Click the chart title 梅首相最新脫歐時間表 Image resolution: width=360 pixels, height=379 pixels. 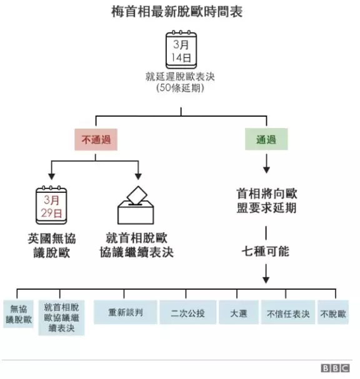tap(177, 12)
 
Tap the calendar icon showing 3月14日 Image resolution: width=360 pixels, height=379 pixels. tap(181, 49)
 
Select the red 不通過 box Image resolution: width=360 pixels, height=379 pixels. tap(96, 139)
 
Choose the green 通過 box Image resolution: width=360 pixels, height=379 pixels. tap(266, 139)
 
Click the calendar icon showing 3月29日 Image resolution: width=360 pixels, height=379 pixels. tap(51, 205)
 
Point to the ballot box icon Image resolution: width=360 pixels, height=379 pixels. tap(136, 205)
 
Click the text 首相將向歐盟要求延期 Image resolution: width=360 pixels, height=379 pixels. tap(267, 200)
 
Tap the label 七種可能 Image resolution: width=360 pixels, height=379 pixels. tap(266, 251)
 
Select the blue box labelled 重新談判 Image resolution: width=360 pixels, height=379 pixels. tap(126, 312)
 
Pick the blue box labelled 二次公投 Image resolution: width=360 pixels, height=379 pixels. tap(188, 312)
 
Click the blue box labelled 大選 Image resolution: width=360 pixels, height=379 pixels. tap(239, 312)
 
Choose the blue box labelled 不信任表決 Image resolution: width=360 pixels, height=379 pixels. tap(288, 312)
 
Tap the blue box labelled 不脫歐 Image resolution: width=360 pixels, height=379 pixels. tap(333, 312)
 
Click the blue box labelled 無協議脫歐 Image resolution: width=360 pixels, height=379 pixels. tap(18, 314)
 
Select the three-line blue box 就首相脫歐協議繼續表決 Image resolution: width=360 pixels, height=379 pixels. tap(61, 318)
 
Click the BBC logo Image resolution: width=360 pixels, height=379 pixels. tap(335, 368)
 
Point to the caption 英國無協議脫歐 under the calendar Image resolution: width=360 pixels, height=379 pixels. tap(52, 245)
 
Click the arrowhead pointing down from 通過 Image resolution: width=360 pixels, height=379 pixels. tap(266, 170)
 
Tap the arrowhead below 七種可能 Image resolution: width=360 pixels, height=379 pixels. tap(266, 280)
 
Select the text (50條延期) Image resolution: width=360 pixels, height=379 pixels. tap(180, 88)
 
